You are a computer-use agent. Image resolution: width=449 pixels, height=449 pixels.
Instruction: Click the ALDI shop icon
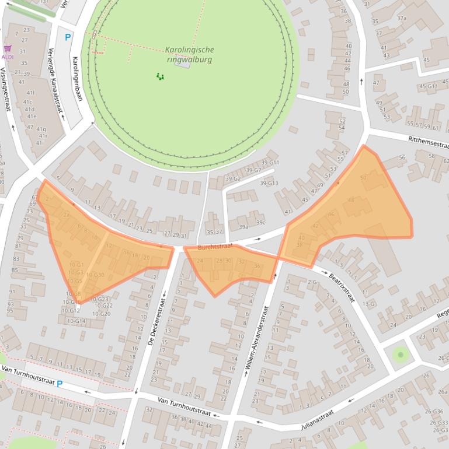tap(8, 49)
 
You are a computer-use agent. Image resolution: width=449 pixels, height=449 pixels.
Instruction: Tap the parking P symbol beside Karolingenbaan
tap(68, 37)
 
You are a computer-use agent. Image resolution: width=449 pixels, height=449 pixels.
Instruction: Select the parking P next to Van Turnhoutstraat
tap(60, 384)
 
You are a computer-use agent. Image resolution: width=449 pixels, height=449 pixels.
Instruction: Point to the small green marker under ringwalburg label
tap(160, 76)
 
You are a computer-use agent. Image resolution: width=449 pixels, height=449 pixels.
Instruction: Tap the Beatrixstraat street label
tap(342, 287)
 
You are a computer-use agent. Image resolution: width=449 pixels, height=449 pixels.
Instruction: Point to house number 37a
tap(402, 18)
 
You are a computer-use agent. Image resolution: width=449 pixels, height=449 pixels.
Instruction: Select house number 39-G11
tap(270, 163)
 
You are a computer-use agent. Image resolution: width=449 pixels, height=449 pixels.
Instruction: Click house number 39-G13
tap(269, 184)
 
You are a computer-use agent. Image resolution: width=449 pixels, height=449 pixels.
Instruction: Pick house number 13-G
tap(369, 304)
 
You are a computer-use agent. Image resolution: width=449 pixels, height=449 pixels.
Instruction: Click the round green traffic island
tap(400, 353)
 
